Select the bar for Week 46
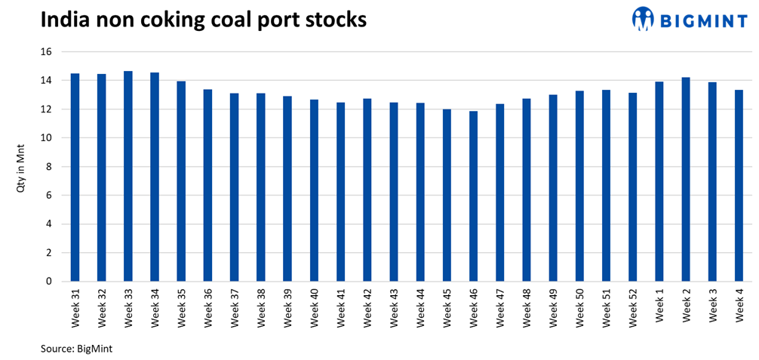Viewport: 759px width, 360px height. [474, 196]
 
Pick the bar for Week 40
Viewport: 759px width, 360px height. [314, 190]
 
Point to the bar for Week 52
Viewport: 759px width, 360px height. [633, 186]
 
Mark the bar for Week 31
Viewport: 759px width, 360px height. [75, 177]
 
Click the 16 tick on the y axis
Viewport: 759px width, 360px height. [45, 52]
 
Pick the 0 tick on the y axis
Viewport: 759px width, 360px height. [48, 282]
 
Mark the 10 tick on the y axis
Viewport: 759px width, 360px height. [45, 138]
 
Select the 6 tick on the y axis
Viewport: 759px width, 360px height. [48, 195]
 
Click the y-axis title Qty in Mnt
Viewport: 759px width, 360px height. [22, 167]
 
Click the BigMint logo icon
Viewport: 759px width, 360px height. [642, 19]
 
